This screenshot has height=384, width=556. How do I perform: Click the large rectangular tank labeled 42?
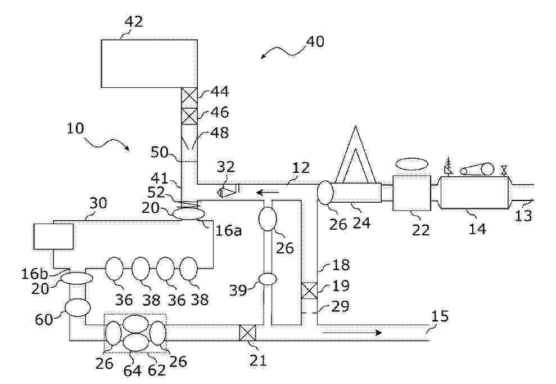150,63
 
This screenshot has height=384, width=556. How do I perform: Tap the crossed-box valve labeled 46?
189,116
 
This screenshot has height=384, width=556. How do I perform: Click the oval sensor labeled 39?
268,279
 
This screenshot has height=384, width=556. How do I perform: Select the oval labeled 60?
78,307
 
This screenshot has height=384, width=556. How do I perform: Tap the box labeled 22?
412,193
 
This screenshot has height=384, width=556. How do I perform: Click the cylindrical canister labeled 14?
474,193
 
